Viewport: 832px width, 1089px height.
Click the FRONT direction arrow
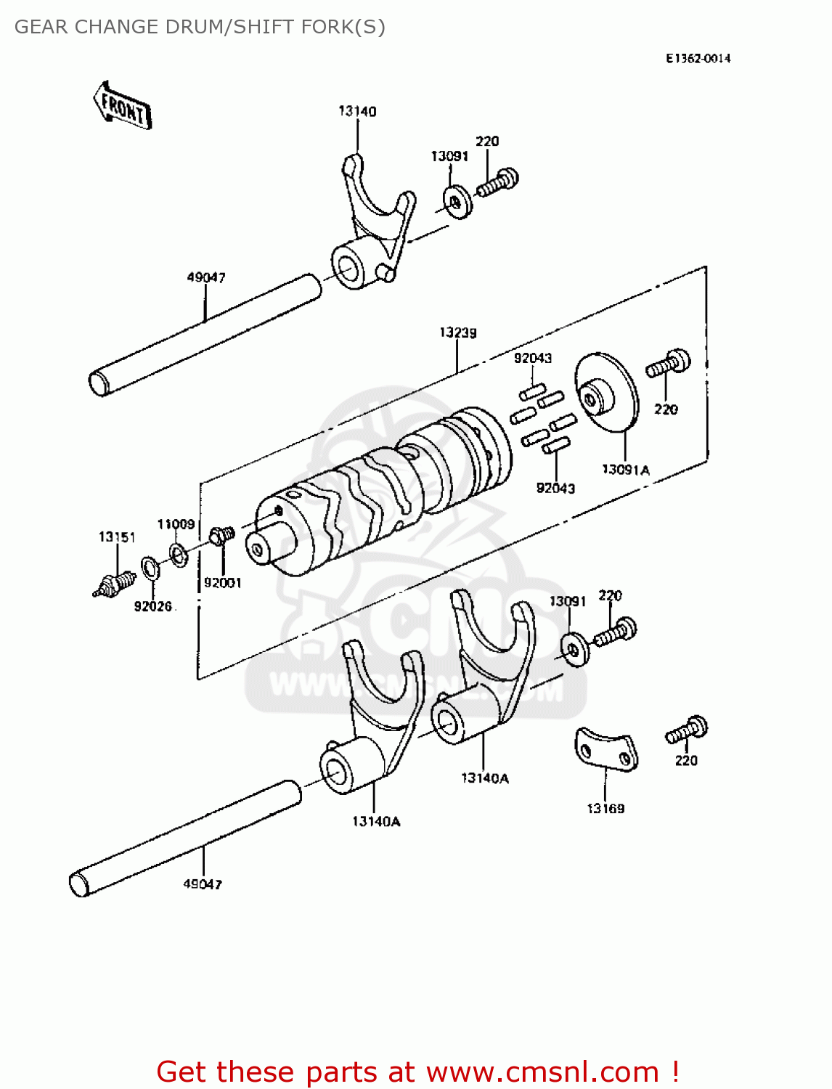pyautogui.click(x=123, y=106)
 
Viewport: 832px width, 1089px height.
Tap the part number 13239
pyautogui.click(x=457, y=333)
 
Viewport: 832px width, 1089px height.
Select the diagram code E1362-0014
pyautogui.click(x=698, y=58)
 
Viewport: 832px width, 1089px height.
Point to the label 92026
pyautogui.click(x=153, y=606)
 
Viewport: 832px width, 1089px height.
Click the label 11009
pyautogui.click(x=176, y=524)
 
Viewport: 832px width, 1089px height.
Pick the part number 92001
pyautogui.click(x=222, y=582)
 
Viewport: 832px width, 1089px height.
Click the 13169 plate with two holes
pyautogui.click(x=606, y=750)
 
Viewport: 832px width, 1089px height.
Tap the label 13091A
pyautogui.click(x=625, y=470)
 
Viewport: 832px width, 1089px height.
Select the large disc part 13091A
pyautogui.click(x=606, y=392)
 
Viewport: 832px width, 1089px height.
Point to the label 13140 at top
pyautogui.click(x=357, y=111)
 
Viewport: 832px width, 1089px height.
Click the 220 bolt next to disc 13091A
pyautogui.click(x=668, y=364)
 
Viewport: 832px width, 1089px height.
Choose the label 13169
pyautogui.click(x=605, y=808)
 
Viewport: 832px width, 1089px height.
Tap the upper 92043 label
pyautogui.click(x=533, y=358)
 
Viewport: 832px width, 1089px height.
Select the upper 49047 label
pyautogui.click(x=206, y=277)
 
